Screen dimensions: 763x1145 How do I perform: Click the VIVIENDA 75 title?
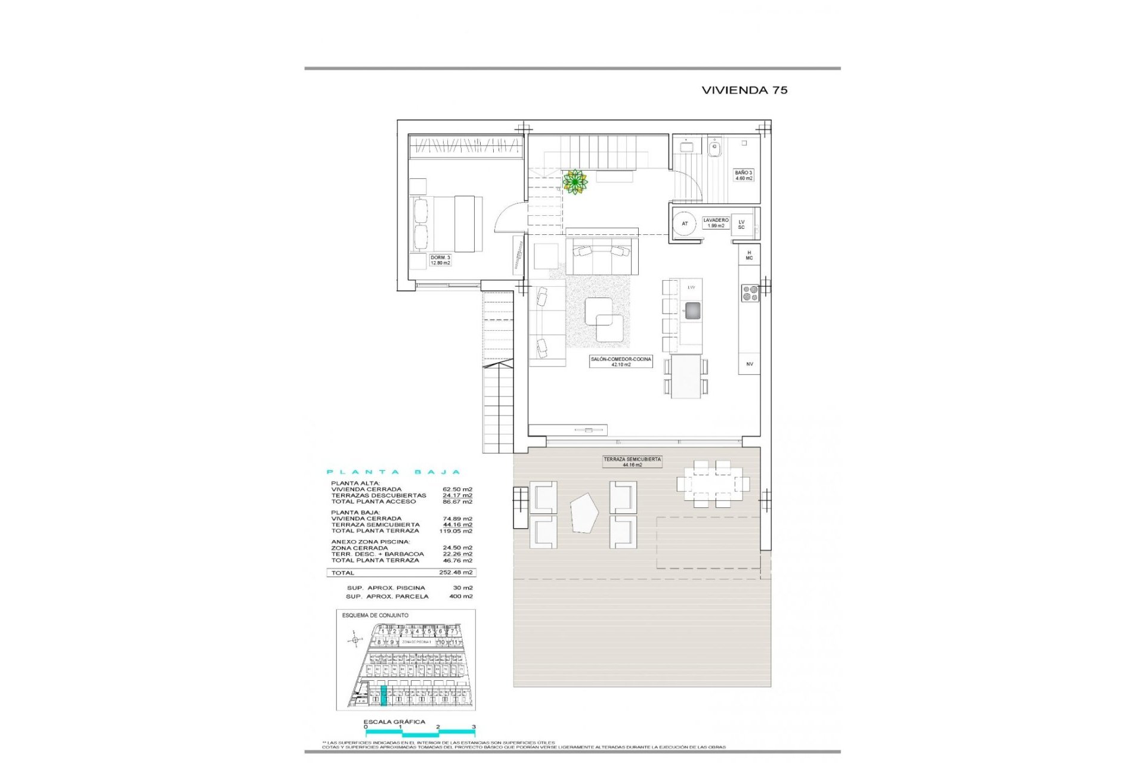click(744, 90)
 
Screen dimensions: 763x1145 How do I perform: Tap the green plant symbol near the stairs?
click(575, 182)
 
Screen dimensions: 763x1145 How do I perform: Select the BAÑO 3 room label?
click(743, 175)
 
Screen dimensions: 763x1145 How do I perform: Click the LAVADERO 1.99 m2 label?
click(715, 223)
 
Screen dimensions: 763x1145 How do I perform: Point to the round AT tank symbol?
click(685, 224)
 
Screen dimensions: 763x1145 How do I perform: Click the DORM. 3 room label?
click(440, 260)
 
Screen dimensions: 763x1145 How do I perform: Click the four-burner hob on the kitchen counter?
click(750, 293)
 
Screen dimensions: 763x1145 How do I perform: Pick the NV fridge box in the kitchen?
click(749, 364)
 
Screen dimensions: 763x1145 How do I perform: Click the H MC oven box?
click(749, 255)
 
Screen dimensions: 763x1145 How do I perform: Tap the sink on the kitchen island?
click(692, 310)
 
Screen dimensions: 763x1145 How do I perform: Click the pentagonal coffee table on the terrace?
click(584, 514)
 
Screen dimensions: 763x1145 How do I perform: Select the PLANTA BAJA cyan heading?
click(394, 472)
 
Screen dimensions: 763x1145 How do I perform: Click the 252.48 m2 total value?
click(456, 572)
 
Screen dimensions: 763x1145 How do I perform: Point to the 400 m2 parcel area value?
click(460, 596)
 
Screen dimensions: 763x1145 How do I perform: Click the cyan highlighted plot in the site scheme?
click(383, 696)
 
